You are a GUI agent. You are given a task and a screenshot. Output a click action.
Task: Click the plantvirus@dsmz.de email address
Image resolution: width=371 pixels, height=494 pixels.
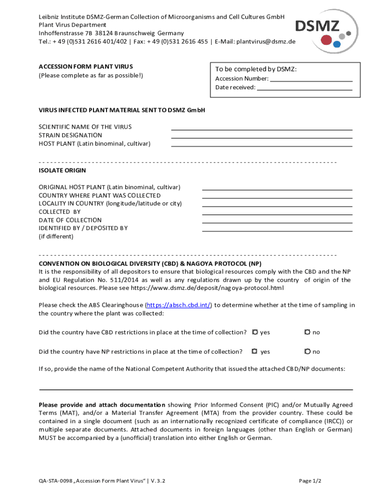click(x=265, y=41)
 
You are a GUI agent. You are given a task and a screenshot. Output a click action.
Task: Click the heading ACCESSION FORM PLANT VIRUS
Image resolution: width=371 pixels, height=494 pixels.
click(x=86, y=67)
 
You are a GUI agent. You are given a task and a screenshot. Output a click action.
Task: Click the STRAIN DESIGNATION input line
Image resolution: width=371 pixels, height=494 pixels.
click(x=262, y=137)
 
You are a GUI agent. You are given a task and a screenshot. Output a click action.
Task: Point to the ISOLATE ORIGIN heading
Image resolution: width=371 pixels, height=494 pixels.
click(x=62, y=170)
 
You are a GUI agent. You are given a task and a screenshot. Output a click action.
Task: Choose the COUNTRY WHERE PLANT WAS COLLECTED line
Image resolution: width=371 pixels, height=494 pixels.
click(x=277, y=197)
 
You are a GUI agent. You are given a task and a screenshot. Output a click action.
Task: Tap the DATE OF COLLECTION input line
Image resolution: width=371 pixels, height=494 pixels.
click(x=277, y=221)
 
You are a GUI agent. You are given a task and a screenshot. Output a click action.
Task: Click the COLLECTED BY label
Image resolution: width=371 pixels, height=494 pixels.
click(x=60, y=212)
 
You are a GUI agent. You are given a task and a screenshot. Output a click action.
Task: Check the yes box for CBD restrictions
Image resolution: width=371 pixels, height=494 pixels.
click(x=255, y=332)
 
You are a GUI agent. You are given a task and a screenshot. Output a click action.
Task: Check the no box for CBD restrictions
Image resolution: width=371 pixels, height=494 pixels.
click(x=306, y=332)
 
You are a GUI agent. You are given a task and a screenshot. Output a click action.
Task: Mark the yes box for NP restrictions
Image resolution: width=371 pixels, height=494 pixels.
click(x=255, y=352)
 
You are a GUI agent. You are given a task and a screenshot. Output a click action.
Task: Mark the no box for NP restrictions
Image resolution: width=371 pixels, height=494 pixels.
click(x=306, y=352)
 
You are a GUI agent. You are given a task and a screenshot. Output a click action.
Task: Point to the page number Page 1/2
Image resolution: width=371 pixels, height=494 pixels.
click(x=310, y=481)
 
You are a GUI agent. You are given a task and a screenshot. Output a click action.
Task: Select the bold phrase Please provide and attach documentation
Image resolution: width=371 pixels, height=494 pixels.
click(x=102, y=405)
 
